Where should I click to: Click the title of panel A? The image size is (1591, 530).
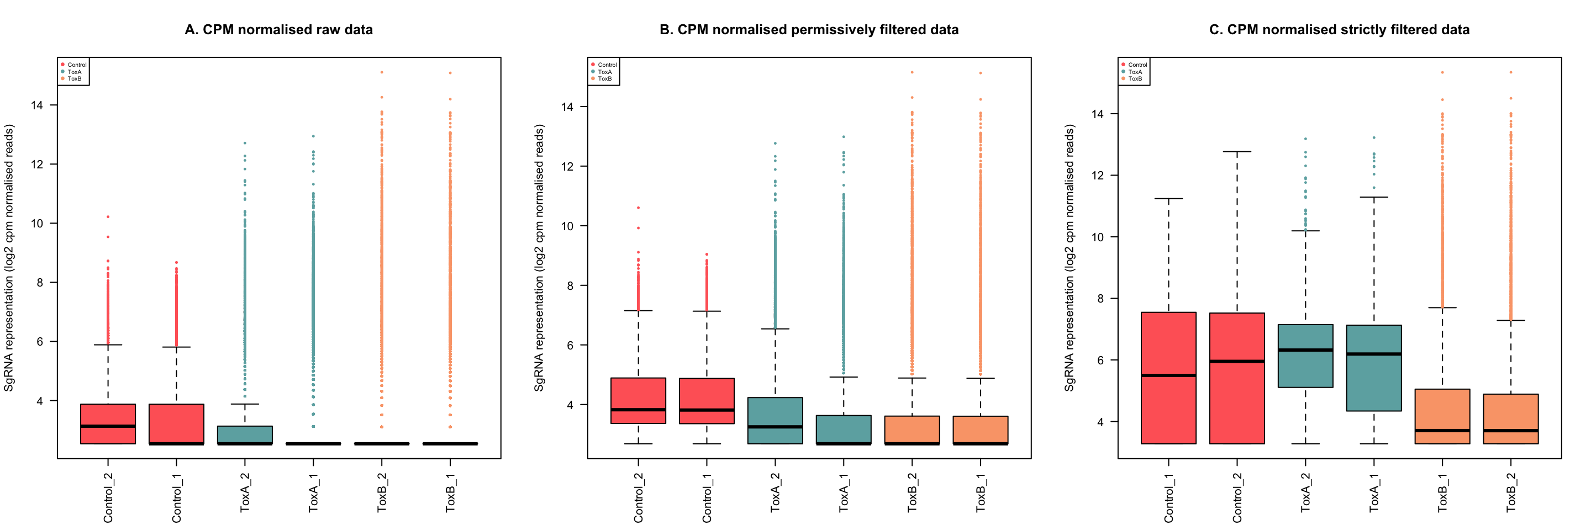[x=278, y=30]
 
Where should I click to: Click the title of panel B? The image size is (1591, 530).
[x=808, y=30]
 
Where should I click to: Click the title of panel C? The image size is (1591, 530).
[x=1339, y=30]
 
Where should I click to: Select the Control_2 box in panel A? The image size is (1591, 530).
[x=108, y=424]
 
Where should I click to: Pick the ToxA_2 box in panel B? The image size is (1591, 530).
[x=775, y=420]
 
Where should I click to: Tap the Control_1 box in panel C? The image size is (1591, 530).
[x=1168, y=378]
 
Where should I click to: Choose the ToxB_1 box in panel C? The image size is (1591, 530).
[x=1442, y=416]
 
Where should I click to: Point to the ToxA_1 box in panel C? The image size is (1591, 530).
[x=1373, y=368]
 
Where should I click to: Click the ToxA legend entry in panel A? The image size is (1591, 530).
[x=74, y=72]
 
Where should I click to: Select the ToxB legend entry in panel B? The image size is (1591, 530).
[x=604, y=79]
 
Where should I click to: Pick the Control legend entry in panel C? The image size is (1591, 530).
[x=1136, y=65]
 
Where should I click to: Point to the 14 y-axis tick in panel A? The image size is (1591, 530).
[x=37, y=105]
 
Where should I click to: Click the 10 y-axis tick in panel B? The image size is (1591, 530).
[x=567, y=226]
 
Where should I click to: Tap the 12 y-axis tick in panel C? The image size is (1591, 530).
[x=1097, y=175]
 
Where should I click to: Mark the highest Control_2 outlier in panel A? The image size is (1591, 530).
[x=108, y=216]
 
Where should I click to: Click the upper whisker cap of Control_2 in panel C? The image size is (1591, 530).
[x=1237, y=152]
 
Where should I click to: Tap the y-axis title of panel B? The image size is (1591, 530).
[x=539, y=258]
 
